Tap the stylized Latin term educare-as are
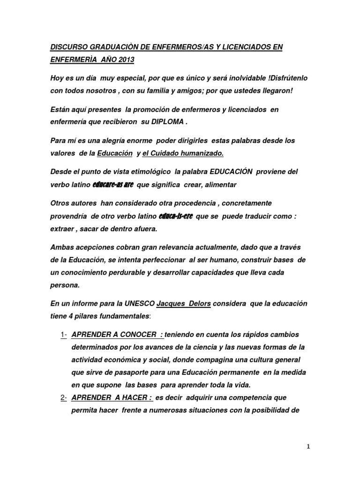pos(113,185)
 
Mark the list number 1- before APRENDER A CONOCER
pos(64,335)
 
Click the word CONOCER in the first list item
pos(135,335)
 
